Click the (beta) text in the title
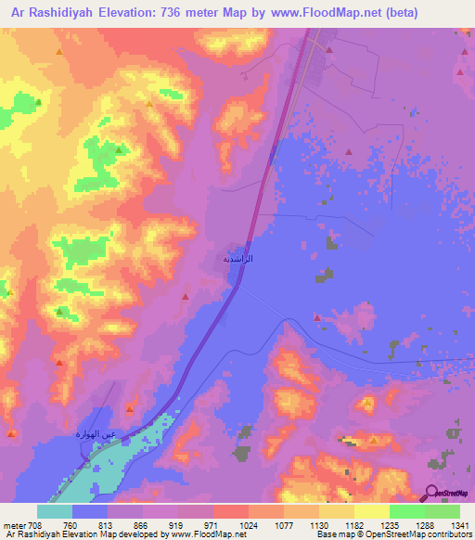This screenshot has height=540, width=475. (x=371, y=13)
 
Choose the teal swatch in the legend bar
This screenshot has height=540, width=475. (x=55, y=510)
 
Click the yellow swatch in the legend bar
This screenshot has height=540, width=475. (x=371, y=510)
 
